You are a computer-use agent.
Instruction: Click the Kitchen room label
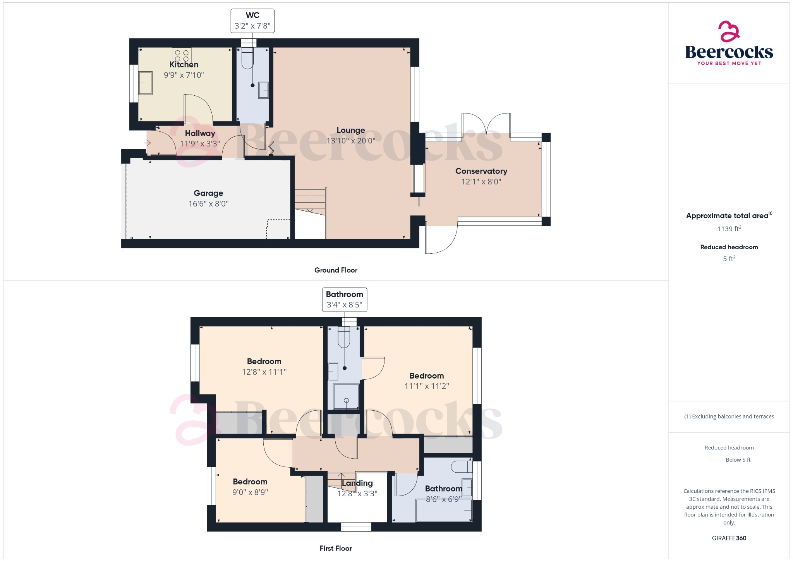coord(184,65)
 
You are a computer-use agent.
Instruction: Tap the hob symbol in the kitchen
coord(182,55)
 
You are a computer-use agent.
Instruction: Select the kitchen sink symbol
coord(146,83)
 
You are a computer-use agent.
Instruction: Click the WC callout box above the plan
coord(252,21)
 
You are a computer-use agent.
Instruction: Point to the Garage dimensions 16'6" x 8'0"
coord(208,204)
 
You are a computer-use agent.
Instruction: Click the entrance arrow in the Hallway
coord(147,143)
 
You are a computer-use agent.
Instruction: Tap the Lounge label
coord(350,130)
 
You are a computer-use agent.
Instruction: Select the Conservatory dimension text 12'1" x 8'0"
coord(481,182)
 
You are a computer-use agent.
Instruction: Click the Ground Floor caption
coord(336,270)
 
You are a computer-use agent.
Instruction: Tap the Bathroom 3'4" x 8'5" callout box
coord(344,299)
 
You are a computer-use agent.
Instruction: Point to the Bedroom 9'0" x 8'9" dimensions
coord(250,492)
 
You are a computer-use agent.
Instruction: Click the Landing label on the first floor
coord(357,483)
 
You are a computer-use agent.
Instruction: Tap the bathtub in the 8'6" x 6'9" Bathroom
coord(444,510)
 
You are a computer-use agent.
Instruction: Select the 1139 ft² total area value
coord(729,229)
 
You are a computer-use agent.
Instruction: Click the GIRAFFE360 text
coord(729,538)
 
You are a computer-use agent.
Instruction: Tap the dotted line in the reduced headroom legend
coord(714,460)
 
